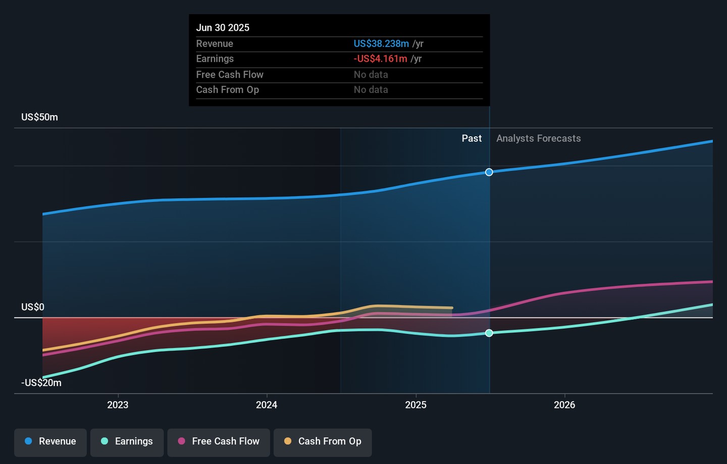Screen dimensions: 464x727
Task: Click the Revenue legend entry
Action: [50, 441]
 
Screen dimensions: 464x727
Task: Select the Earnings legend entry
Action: [127, 441]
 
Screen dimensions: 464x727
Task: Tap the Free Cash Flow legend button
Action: [219, 441]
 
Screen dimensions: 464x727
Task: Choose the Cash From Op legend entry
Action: [323, 441]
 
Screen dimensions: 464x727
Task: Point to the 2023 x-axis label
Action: [118, 405]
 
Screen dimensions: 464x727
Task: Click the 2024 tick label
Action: [267, 405]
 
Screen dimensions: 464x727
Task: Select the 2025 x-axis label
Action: [416, 405]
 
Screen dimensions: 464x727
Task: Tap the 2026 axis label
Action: [564, 405]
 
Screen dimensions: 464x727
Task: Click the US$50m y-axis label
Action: [39, 117]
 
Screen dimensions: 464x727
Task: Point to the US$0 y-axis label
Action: [33, 307]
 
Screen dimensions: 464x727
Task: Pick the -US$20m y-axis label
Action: [41, 383]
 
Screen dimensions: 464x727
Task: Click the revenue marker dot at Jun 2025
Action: [489, 172]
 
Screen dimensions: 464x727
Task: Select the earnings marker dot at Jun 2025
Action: [489, 333]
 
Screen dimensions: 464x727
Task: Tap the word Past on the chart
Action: [472, 138]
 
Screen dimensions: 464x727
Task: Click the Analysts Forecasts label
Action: [538, 138]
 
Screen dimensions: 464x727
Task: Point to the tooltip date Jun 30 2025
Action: [223, 28]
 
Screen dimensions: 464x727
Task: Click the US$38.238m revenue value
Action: [381, 44]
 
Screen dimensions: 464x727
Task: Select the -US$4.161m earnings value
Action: [380, 59]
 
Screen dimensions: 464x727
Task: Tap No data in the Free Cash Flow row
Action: [371, 75]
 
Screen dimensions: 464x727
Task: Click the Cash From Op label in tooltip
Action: [227, 90]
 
